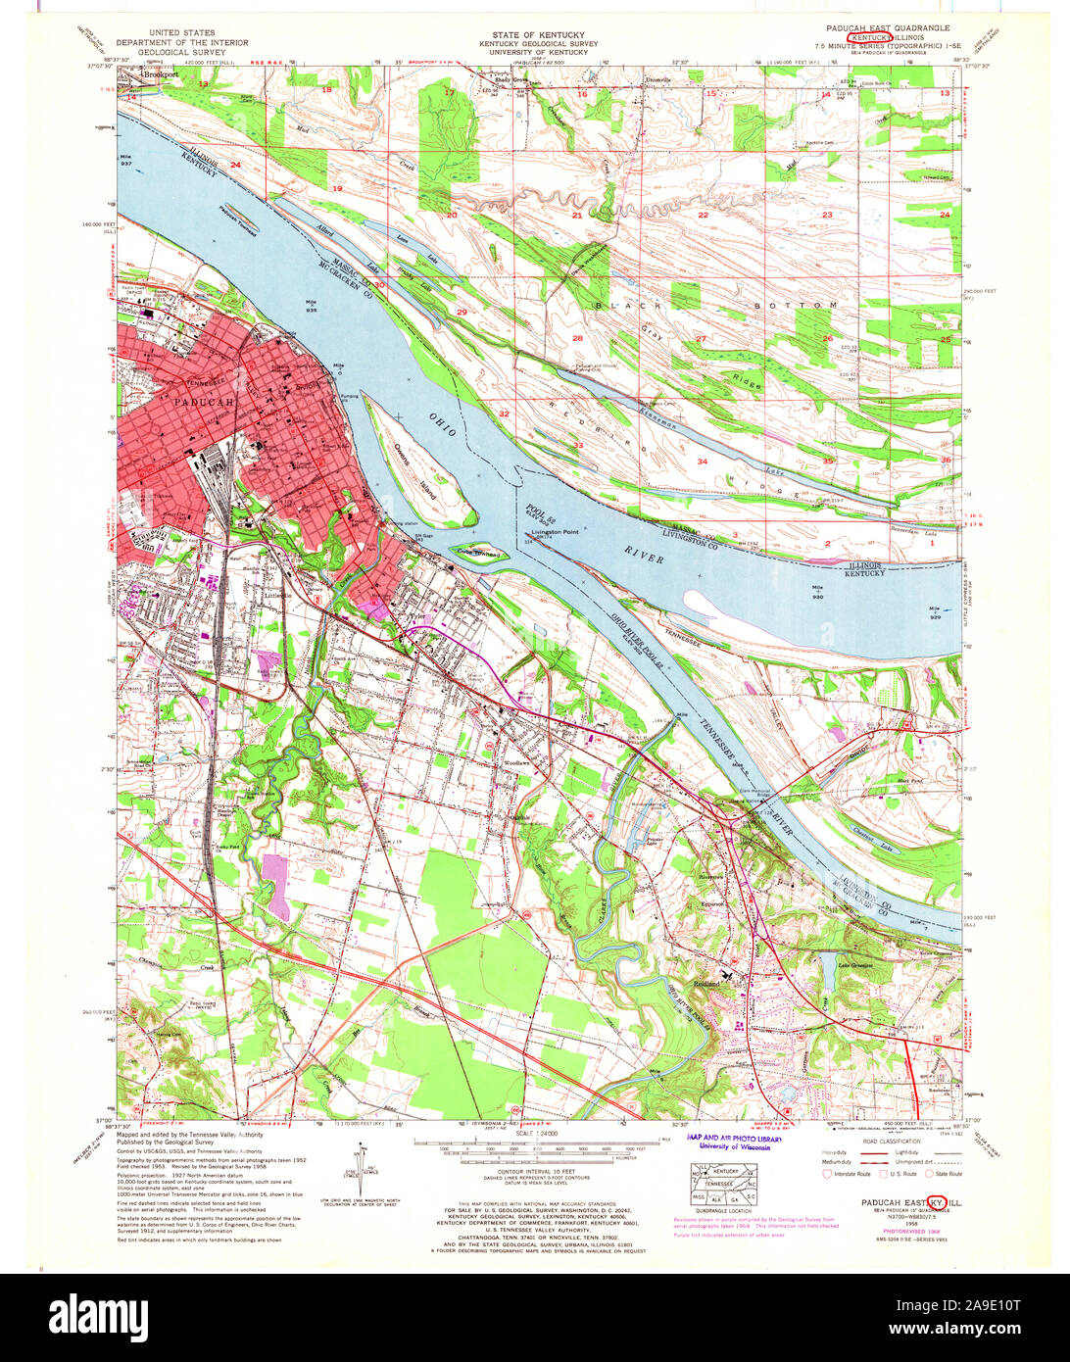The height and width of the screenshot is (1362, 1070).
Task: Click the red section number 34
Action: tap(703, 461)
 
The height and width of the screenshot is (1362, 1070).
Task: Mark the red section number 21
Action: tap(577, 215)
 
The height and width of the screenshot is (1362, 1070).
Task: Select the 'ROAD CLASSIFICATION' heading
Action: tap(892, 1142)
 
